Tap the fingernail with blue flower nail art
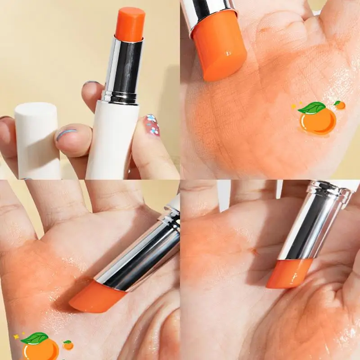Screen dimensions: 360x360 pos(152,125)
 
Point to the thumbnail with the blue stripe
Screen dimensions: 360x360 pos(67,134)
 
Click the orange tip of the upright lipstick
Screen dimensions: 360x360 pos(130,23)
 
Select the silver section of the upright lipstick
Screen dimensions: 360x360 pos(122,67)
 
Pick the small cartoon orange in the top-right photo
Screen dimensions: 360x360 pos(340,105)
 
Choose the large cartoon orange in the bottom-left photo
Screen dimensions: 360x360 pos(41,350)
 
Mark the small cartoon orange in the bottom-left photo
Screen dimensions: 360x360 pos(68,346)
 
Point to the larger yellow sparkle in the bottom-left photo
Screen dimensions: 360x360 pos(16,336)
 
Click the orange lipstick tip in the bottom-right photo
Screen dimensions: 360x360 pos(288,274)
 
